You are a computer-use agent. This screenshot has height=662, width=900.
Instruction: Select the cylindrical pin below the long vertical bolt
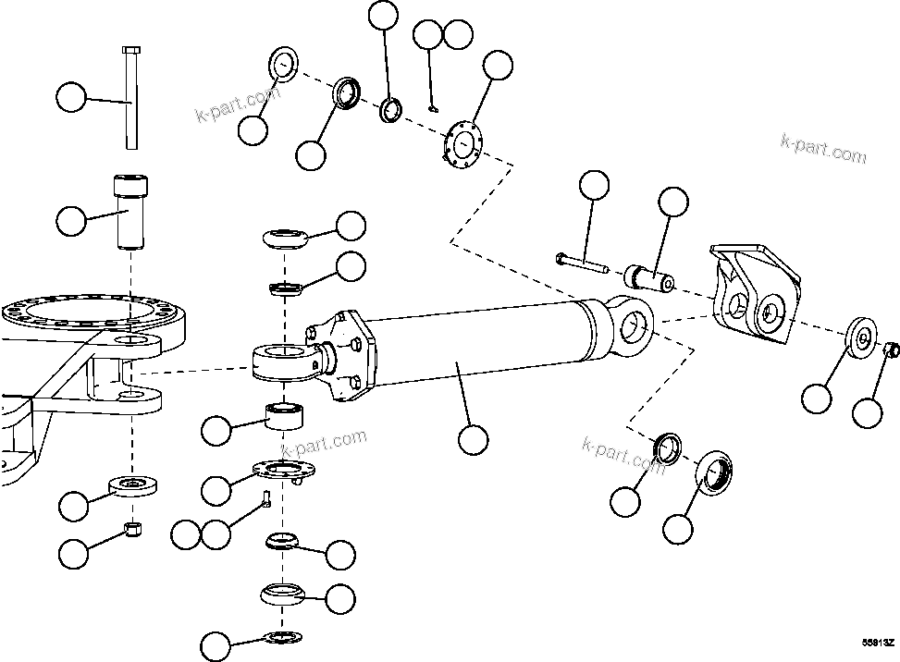coord(129,212)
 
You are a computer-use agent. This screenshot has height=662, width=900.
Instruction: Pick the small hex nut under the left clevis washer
coord(131,530)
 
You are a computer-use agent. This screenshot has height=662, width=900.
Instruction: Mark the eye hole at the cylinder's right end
coord(634,323)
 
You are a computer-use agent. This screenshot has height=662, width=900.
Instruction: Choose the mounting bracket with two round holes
coord(754,295)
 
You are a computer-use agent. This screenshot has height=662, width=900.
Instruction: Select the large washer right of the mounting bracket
coord(859,337)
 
